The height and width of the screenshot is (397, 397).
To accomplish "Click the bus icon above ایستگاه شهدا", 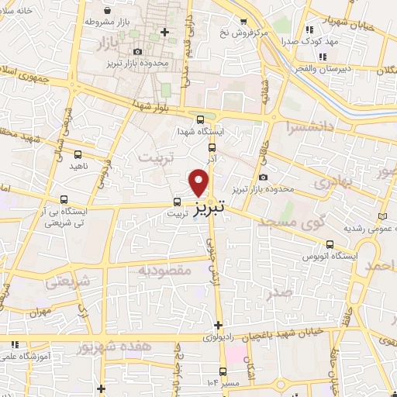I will (202, 119).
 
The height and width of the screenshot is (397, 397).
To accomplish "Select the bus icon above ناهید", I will (78, 154).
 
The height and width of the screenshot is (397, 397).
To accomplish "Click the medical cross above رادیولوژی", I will (219, 325).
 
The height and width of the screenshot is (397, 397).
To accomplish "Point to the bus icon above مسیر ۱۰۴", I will (224, 371).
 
